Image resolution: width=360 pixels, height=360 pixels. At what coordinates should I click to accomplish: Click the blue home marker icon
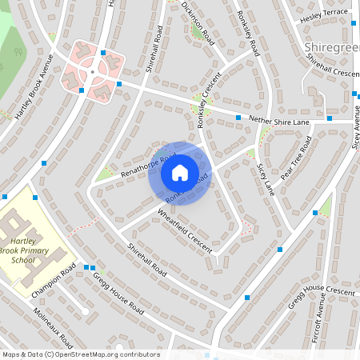tap(179, 173)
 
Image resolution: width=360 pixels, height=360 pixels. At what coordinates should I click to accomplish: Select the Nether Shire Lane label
tap(278, 121)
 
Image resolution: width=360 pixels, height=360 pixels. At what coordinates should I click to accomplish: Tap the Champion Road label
tap(58, 282)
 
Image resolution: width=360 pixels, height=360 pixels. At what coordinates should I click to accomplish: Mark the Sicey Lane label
tap(266, 179)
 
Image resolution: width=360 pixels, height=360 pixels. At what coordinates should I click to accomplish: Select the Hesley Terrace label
tap(324, 14)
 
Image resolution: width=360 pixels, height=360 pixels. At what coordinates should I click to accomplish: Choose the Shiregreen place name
tap(331, 49)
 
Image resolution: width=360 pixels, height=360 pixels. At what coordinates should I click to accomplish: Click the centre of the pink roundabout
tap(93, 72)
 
